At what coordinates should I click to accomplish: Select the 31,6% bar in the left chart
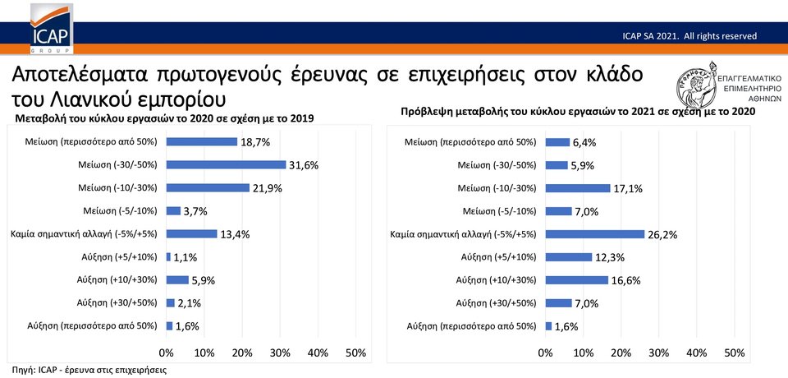click(226, 165)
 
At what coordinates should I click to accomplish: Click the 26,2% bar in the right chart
click(595, 234)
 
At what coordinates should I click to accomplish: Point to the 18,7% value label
click(255, 142)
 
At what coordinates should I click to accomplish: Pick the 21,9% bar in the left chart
click(208, 188)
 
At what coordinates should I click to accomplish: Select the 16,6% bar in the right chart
click(577, 280)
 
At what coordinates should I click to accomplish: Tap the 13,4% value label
click(234, 234)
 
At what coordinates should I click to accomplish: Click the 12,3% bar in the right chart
click(569, 257)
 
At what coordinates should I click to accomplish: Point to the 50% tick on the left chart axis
click(355, 353)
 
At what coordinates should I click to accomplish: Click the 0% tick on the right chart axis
click(546, 353)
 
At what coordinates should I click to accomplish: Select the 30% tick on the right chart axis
click(659, 353)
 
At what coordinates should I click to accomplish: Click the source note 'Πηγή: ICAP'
click(89, 370)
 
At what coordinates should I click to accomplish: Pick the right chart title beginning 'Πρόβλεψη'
click(578, 111)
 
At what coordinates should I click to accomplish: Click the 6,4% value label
click(584, 142)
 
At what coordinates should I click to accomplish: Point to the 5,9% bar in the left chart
click(177, 280)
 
